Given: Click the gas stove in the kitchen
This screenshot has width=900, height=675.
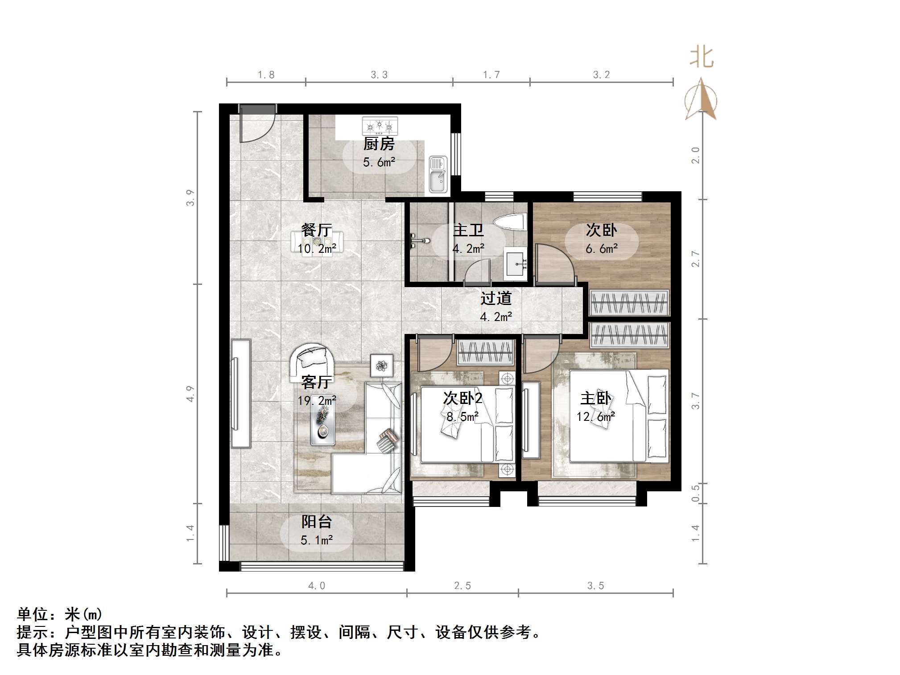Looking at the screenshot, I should click(380, 126).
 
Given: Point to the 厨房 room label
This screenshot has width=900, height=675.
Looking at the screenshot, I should click(379, 144).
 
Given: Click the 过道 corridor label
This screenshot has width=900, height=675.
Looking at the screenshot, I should click(495, 298).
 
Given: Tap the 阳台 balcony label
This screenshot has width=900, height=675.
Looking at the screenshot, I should click(316, 522).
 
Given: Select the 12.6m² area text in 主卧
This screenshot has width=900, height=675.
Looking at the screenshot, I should click(595, 417).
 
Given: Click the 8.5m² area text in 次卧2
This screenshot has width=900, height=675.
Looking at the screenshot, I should click(462, 417).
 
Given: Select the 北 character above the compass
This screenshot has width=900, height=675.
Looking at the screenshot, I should click(701, 58).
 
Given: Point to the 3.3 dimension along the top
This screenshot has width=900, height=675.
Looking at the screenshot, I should click(379, 75).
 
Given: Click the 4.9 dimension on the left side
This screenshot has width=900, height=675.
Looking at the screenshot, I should click(190, 394).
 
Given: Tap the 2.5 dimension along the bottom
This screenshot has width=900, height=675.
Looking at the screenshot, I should click(462, 585).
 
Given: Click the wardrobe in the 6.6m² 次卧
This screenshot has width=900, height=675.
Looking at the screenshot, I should click(629, 303).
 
